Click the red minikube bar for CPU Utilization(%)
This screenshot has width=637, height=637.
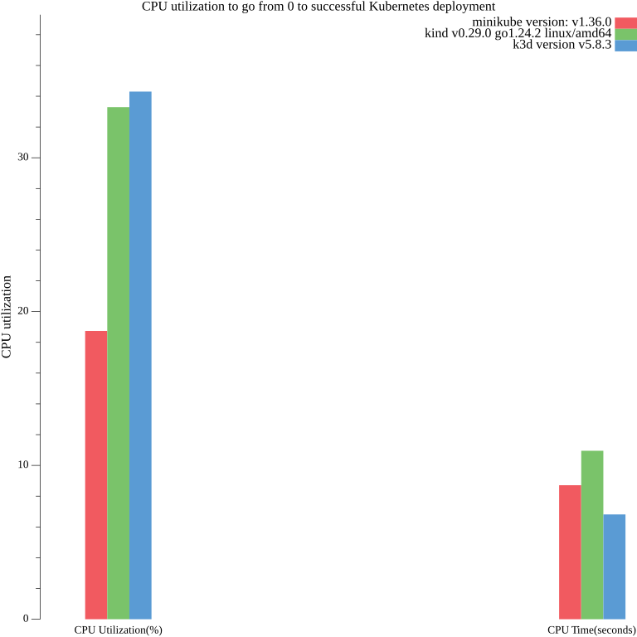[96, 474]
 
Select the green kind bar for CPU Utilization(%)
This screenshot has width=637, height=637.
[118, 362]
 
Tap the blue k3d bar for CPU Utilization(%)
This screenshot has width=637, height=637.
[140, 355]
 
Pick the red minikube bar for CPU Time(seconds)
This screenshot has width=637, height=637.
[570, 552]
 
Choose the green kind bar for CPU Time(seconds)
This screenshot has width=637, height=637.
[592, 534]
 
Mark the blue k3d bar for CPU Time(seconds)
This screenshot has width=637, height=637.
[615, 566]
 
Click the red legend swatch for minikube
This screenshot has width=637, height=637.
[625, 22]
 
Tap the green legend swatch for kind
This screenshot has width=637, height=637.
[625, 34]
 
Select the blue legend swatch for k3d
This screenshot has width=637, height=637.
[625, 46]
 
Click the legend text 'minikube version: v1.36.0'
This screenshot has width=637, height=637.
[542, 22]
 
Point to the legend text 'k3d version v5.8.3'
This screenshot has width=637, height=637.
[562, 45]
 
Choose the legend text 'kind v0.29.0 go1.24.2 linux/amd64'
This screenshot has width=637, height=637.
[518, 33]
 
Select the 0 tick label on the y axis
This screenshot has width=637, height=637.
[26, 619]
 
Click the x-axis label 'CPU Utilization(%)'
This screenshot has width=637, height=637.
[118, 630]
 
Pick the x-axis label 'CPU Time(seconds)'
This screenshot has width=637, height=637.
[591, 630]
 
